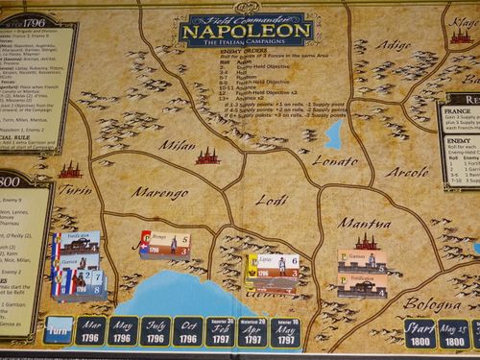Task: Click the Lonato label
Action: point(335,158)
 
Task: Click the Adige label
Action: point(392,44)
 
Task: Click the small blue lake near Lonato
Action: point(334,132)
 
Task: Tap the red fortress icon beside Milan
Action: point(206,155)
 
